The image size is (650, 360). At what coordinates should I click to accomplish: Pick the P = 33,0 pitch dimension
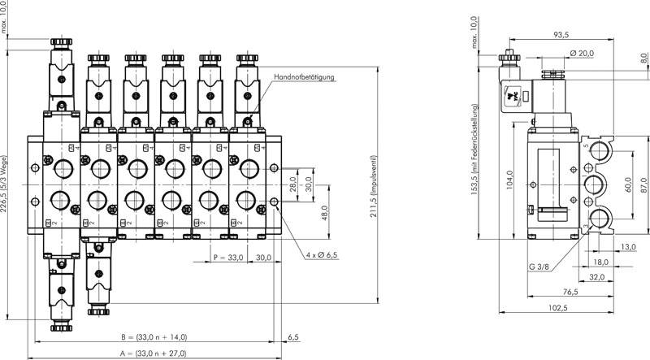(x=228, y=258)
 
